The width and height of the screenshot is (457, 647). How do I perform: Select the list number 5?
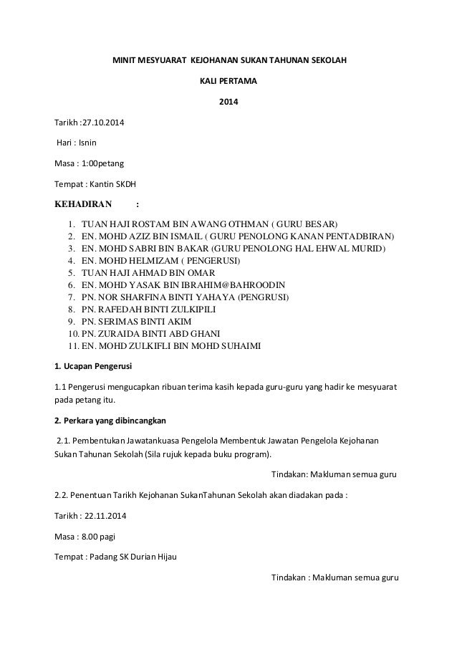(72, 273)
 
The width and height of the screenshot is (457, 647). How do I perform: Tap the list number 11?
(71, 347)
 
